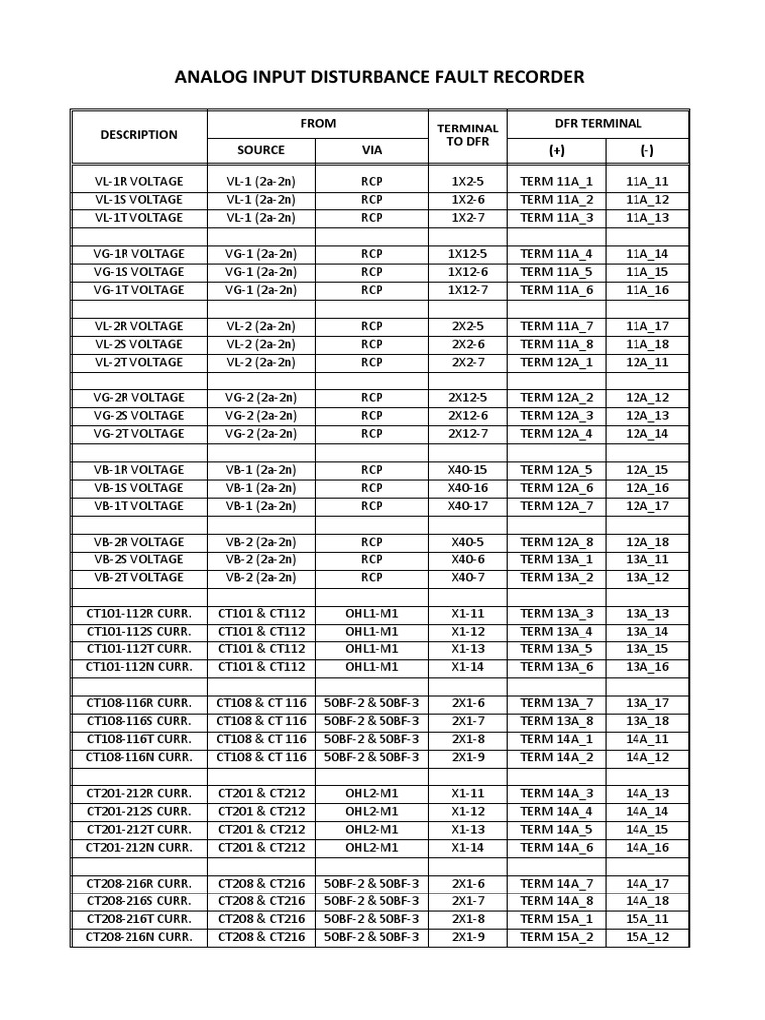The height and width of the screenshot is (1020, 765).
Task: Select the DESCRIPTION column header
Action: point(138,135)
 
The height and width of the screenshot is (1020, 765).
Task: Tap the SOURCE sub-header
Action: point(260,150)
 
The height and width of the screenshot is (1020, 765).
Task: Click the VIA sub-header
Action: point(371,150)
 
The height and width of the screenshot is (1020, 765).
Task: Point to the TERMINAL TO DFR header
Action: point(467,135)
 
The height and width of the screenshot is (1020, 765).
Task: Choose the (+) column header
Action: point(556,150)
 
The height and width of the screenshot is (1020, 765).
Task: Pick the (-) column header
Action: point(647,150)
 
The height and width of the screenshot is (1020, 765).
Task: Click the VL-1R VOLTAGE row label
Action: point(138,182)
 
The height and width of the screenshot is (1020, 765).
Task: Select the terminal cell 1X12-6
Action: point(467,272)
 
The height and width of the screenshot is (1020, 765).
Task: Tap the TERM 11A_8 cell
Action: point(556,344)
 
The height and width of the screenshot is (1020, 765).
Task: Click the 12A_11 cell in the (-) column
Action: point(647,362)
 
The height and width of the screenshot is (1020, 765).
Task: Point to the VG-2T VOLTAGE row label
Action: point(138,433)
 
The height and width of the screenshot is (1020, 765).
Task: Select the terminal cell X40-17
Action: point(467,505)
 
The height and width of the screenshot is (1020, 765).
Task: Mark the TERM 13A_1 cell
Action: point(556,559)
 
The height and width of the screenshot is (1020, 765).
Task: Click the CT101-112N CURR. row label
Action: point(138,666)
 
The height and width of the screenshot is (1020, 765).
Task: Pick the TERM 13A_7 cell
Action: point(556,703)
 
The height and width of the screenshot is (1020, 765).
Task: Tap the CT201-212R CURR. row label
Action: point(138,793)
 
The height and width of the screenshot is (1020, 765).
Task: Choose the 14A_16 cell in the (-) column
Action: point(647,847)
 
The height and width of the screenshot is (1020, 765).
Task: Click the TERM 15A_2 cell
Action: point(556,936)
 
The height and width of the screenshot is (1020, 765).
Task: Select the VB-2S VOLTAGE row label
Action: point(138,559)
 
